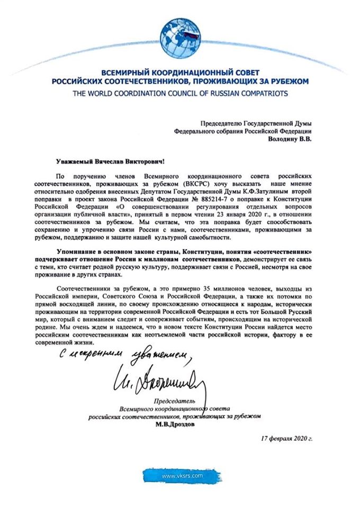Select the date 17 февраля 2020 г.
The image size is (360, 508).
click(287, 439)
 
